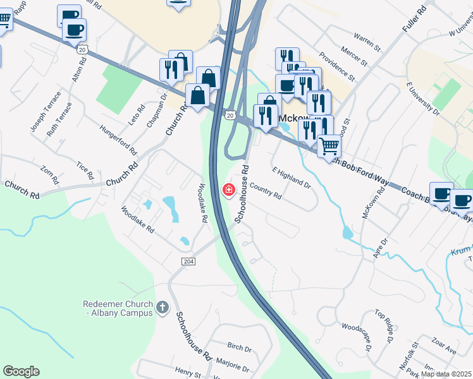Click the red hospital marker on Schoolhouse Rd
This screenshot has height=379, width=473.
click(228, 189)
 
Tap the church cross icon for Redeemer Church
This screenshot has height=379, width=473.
click(163, 308)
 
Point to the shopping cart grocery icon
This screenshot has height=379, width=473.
click(329, 146)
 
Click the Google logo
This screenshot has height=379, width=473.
click(21, 371)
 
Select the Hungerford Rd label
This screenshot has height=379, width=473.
click(118, 140)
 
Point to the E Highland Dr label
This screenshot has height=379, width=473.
click(292, 177)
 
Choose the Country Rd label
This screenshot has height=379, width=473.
click(266, 191)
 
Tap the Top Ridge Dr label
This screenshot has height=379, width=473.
click(384, 325)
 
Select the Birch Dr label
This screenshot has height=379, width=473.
click(239, 348)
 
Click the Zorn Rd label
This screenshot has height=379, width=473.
click(50, 175)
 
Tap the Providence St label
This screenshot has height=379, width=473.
click(336, 66)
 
